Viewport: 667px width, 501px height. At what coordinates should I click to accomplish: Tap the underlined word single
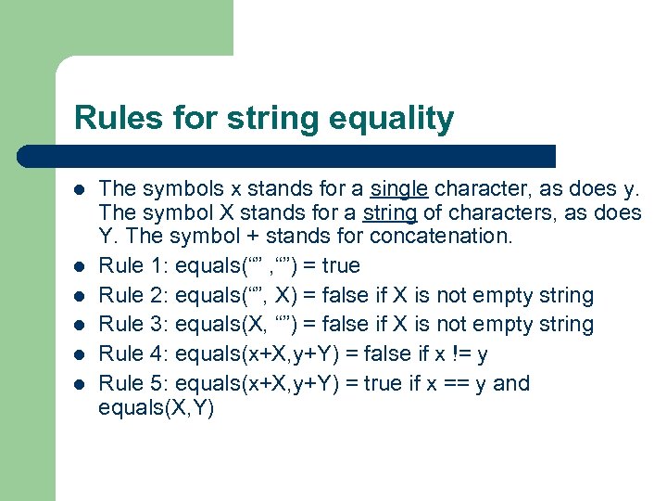click(x=398, y=190)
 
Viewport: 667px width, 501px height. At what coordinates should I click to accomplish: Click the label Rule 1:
click(x=133, y=265)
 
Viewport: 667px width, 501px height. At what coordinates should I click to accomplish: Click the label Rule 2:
click(x=133, y=295)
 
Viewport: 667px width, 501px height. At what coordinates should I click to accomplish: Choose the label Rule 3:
click(x=133, y=324)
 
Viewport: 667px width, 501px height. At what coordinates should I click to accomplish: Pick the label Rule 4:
click(x=133, y=353)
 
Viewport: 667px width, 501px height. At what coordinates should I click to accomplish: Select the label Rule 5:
click(x=133, y=383)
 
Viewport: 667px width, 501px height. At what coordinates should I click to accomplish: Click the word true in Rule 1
click(x=340, y=265)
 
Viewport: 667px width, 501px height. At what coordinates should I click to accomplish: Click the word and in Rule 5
click(x=511, y=383)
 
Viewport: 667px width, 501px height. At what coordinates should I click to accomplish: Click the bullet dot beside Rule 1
click(x=81, y=266)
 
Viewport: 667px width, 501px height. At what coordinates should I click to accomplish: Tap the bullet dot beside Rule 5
click(x=81, y=384)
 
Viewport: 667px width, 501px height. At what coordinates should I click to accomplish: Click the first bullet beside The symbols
click(x=81, y=190)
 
